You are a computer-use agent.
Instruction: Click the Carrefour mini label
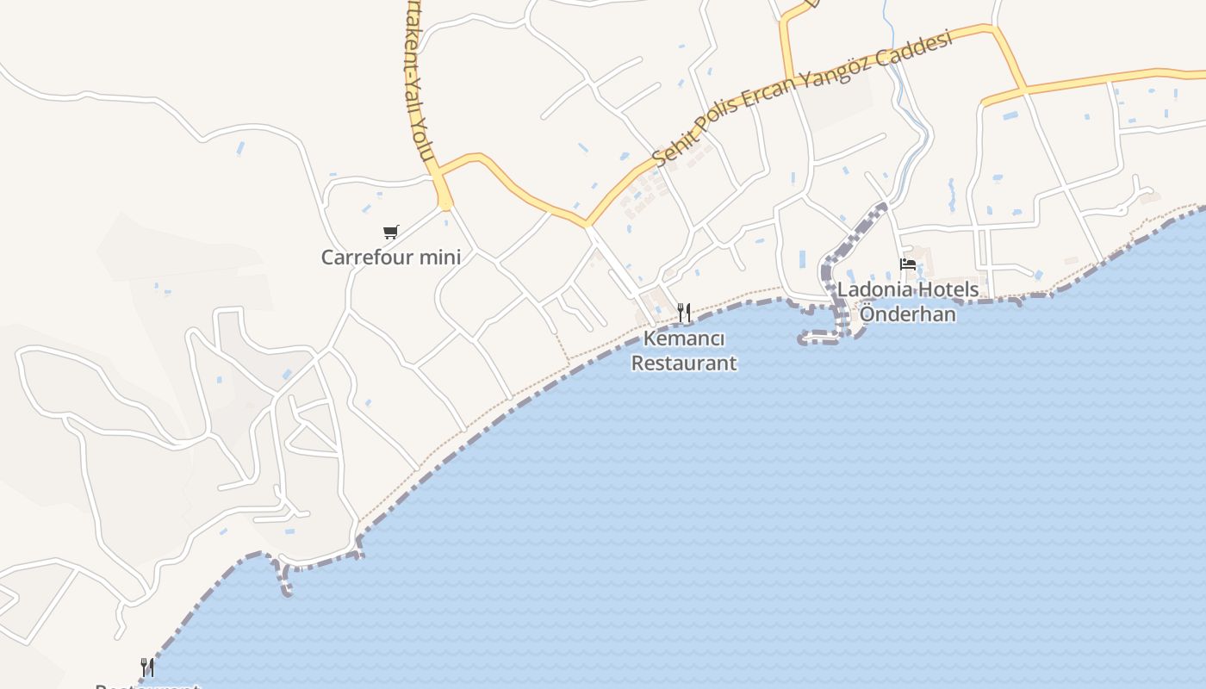390,257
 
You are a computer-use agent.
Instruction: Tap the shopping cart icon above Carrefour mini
391,232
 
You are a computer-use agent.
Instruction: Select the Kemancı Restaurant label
684,351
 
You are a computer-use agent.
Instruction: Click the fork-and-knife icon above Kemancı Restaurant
684,312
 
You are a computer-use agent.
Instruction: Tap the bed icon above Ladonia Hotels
908,264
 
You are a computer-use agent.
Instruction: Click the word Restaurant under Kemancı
684,363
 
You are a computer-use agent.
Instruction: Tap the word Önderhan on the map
908,313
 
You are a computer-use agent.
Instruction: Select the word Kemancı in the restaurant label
684,338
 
